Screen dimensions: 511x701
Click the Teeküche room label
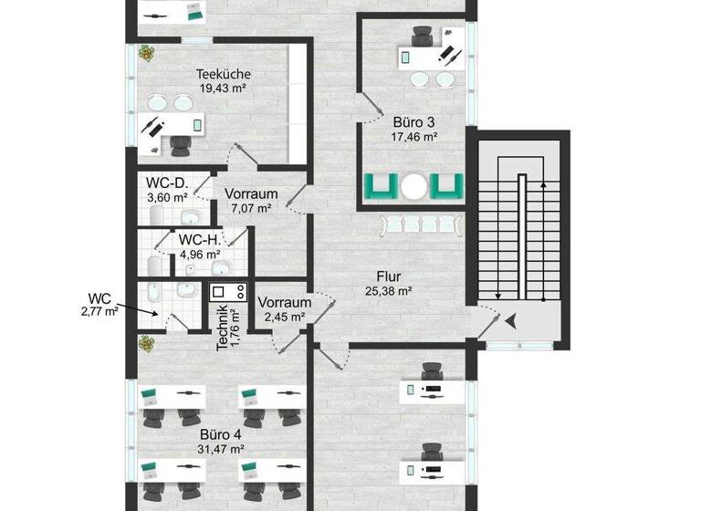pos(224,74)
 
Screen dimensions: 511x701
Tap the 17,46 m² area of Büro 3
pos(415,137)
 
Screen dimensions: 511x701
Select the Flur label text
pos(390,276)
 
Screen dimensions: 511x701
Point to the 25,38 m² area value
pos(390,292)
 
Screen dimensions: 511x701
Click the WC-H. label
pos(199,239)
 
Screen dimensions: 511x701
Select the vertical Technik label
pos(223,328)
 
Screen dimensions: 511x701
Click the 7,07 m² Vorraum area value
pos(251,208)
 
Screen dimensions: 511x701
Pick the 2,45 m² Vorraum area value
pos(284,318)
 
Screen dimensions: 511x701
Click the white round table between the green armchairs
pos(415,186)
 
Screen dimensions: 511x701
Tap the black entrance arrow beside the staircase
pos(509,319)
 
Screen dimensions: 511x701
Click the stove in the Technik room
pos(228,292)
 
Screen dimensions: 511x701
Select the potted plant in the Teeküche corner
pos(146,54)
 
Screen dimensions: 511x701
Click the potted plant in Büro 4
pos(145,343)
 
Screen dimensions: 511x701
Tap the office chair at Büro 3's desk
pos(423,36)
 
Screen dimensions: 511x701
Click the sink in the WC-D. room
pos(191,216)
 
